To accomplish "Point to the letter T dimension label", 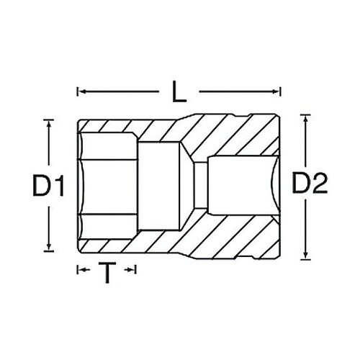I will click(x=107, y=272).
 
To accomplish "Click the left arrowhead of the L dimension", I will click(x=79, y=92).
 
